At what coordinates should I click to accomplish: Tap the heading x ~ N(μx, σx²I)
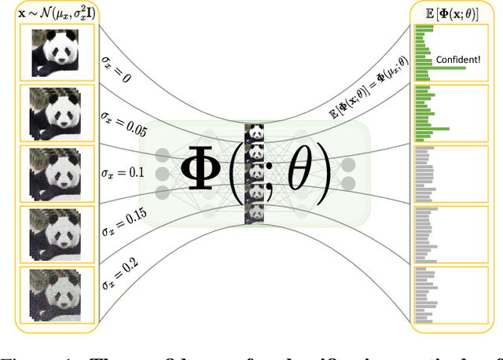[53, 12]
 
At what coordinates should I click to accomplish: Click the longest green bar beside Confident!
[440, 68]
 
